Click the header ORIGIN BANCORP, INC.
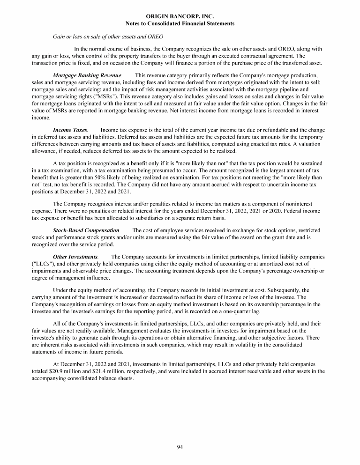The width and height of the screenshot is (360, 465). pyautogui.click(x=180, y=16)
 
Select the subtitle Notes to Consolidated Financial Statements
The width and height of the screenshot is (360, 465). pyautogui.click(x=180, y=23)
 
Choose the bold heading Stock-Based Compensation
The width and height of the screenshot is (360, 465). pyautogui.click(x=86, y=230)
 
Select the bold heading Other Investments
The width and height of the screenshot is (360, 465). pyautogui.click(x=75, y=257)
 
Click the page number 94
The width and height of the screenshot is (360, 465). pyautogui.click(x=180, y=447)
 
